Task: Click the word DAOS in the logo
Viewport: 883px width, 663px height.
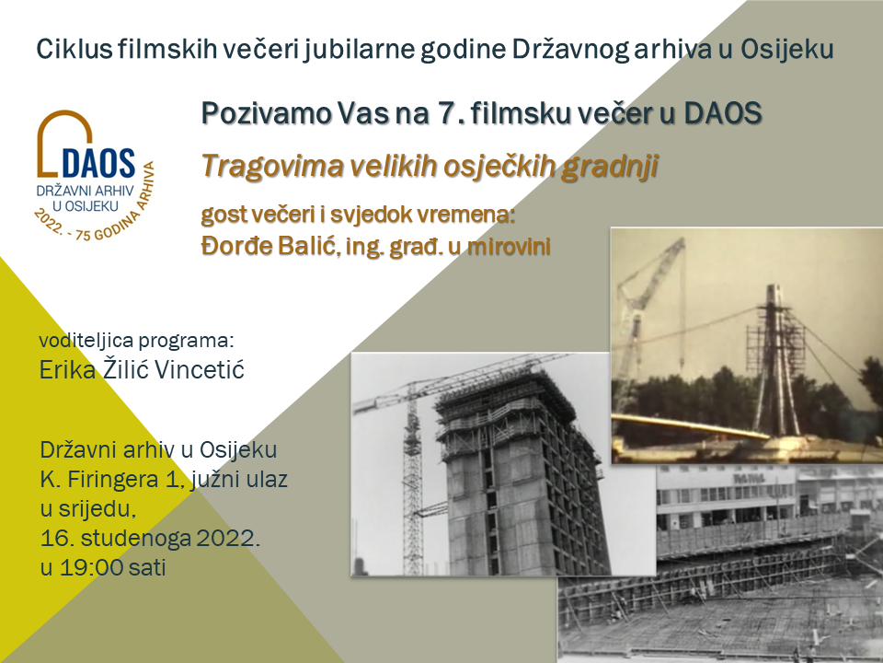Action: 96,164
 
